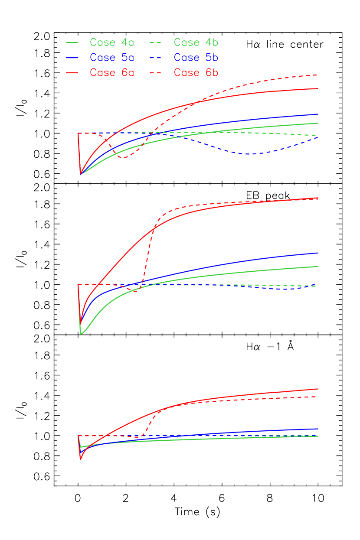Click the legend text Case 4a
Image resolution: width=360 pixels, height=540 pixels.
point(112,42)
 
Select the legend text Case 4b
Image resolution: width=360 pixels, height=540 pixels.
point(196,42)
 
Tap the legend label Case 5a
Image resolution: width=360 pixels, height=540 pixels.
point(112,58)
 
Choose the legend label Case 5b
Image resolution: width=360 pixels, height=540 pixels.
point(196,58)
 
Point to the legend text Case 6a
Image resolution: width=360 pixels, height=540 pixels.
point(112,73)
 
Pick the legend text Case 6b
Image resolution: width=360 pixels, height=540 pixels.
point(196,73)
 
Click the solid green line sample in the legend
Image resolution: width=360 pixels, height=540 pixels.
point(72,42)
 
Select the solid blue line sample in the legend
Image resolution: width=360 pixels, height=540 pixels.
point(72,58)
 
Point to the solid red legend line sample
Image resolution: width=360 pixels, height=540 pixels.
point(72,73)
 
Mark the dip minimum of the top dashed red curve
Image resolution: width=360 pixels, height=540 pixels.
point(124,158)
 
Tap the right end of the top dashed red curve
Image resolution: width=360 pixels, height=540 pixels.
point(317,75)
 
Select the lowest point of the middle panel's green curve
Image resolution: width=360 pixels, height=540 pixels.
point(81,334)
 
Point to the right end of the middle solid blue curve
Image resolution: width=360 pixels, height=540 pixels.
point(317,253)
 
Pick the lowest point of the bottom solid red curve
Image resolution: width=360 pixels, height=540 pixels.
point(81,459)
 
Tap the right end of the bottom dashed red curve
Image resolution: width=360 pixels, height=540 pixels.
point(317,397)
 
